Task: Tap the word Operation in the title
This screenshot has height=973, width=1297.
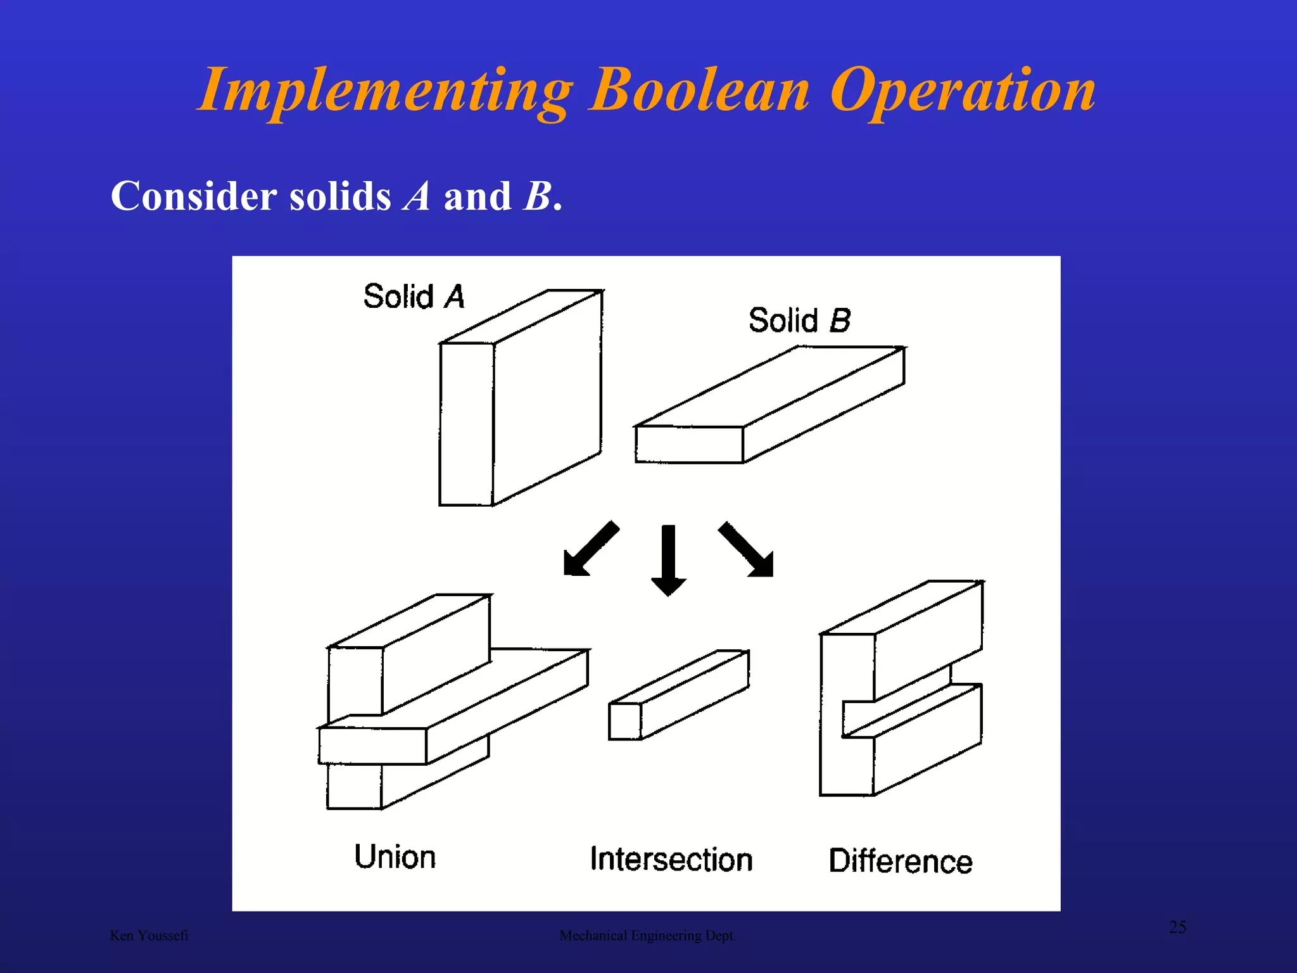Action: pos(962,91)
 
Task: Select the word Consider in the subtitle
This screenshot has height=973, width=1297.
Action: pos(193,196)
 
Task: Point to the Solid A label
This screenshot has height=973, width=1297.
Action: pos(414,296)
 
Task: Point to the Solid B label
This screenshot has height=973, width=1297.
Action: pos(799,321)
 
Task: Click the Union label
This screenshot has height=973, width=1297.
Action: pos(395,857)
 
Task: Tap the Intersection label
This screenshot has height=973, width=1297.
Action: pos(671,860)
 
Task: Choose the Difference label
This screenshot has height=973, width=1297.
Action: pos(900,861)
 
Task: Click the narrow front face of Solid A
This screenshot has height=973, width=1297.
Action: pos(467,424)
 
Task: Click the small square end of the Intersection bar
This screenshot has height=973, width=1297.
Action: pos(624,722)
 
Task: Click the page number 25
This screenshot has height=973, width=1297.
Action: pos(1177,927)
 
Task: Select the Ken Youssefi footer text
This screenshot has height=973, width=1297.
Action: pos(149,936)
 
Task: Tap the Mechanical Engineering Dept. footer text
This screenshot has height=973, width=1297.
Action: pos(647,936)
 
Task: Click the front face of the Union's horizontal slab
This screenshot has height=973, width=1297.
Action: pos(372,746)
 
